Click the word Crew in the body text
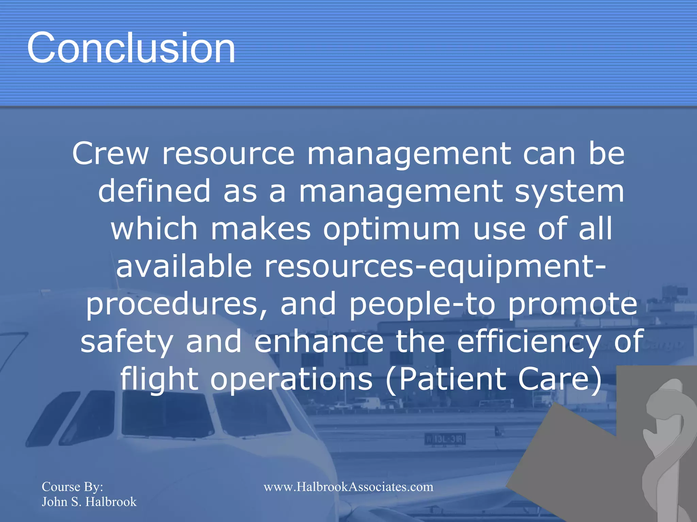(111, 154)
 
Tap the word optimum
(391, 229)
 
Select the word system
(569, 192)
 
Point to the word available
(184, 266)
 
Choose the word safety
(127, 342)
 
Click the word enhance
(319, 341)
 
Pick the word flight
(159, 379)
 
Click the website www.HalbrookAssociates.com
(348, 487)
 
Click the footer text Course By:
(72, 487)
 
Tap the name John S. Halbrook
(89, 502)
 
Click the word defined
(155, 191)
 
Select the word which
(154, 229)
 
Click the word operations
(291, 379)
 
